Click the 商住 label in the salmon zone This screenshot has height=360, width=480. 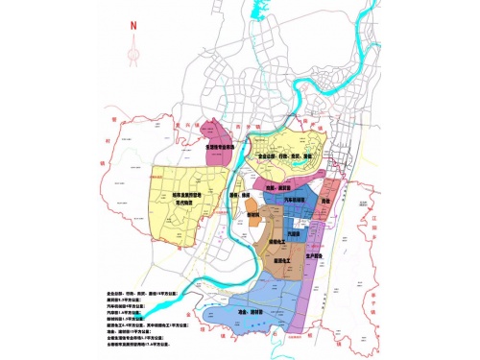[x=325, y=200]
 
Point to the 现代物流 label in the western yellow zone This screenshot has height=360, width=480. [x=184, y=203]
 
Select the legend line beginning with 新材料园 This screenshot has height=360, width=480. [x=132, y=318]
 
